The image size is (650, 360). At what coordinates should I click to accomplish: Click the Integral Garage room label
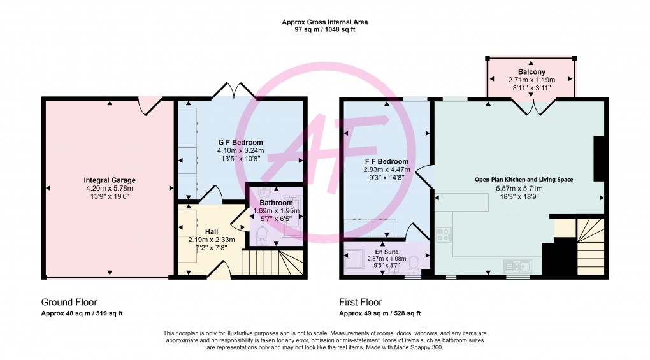click(x=110, y=180)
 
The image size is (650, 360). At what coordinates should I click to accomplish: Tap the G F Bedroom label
click(x=240, y=143)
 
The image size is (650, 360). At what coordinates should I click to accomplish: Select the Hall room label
click(x=212, y=231)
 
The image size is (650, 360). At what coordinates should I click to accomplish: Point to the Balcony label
click(x=531, y=71)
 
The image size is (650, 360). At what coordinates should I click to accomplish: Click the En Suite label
click(x=387, y=252)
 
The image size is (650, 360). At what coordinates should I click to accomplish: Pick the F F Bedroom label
click(x=386, y=162)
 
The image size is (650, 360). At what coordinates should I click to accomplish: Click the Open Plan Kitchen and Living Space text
click(x=524, y=180)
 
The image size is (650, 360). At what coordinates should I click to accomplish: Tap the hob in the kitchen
click(x=443, y=234)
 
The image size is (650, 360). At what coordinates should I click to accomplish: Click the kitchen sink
click(x=517, y=266)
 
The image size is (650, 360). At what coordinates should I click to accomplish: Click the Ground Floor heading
click(x=69, y=302)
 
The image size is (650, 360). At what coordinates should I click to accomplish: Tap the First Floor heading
click(x=360, y=302)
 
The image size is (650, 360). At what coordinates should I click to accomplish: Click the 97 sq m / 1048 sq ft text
click(x=324, y=29)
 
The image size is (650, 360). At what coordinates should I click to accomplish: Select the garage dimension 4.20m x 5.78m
click(x=110, y=188)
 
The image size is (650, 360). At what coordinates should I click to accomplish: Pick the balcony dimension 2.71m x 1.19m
click(x=532, y=80)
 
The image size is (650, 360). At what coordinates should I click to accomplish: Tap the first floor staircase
click(x=590, y=246)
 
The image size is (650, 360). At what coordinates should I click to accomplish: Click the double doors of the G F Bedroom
click(x=234, y=90)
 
